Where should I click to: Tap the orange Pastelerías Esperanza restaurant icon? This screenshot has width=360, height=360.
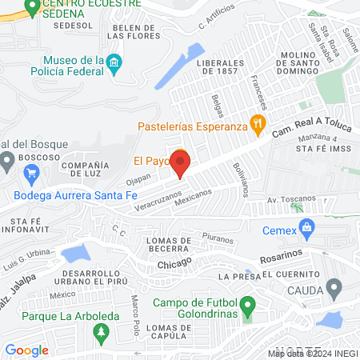click(x=257, y=124)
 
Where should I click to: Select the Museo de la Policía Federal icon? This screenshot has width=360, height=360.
click(x=114, y=62)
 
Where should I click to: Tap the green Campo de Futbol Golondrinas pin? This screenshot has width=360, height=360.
click(x=248, y=305)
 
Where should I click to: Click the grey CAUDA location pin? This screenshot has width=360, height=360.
click(x=334, y=287)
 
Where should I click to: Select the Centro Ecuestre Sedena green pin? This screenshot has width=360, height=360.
click(x=31, y=8)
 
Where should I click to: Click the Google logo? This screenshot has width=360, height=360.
click(x=26, y=350)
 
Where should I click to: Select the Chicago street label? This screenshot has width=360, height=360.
click(x=174, y=262)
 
